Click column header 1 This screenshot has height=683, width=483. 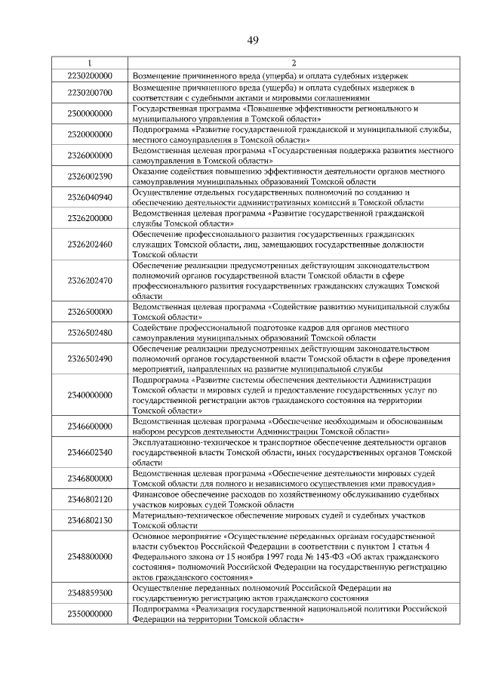tap(90, 63)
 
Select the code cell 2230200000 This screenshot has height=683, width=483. tap(90, 76)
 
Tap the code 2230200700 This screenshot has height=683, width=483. tap(90, 93)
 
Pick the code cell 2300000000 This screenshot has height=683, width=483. tap(90, 114)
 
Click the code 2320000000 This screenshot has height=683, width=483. tap(90, 135)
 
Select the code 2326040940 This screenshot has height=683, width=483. tap(90, 198)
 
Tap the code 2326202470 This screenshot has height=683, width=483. tap(90, 281)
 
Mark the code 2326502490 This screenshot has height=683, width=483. tap(90, 359)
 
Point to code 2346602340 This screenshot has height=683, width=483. tap(90, 452)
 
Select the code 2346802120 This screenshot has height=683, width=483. tap(90, 499)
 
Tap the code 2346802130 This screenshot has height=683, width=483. tap(90, 520)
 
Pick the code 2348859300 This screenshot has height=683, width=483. tap(90, 592)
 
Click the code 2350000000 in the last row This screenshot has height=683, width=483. tap(90, 614)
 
